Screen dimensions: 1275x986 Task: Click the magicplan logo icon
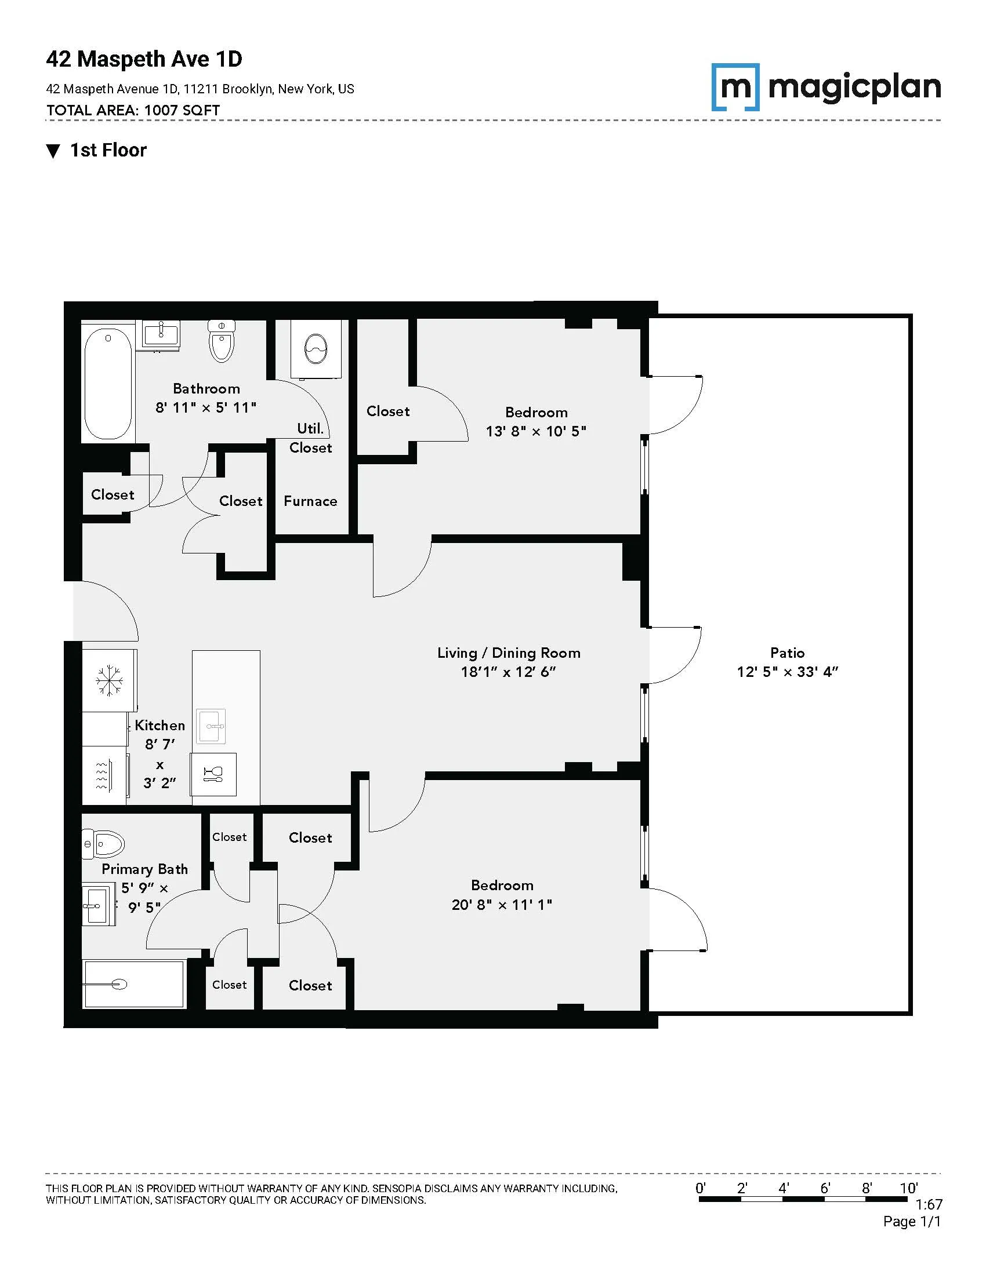pos(735,87)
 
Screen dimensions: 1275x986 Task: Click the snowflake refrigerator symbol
pos(110,681)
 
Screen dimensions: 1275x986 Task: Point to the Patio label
pos(787,653)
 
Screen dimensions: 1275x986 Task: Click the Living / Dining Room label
pos(509,653)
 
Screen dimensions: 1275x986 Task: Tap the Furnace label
pos(310,501)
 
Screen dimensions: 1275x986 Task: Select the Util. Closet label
pos(311,438)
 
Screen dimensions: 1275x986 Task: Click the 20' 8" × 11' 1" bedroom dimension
pos(502,904)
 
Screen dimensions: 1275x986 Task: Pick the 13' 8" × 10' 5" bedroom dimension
pos(536,431)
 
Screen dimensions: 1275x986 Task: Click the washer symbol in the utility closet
pos(316,349)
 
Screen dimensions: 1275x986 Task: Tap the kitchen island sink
pos(211,726)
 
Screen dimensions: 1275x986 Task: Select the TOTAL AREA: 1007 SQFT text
pos(133,110)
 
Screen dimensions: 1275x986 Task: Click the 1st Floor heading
pos(108,150)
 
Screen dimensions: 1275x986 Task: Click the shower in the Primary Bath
pos(134,984)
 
